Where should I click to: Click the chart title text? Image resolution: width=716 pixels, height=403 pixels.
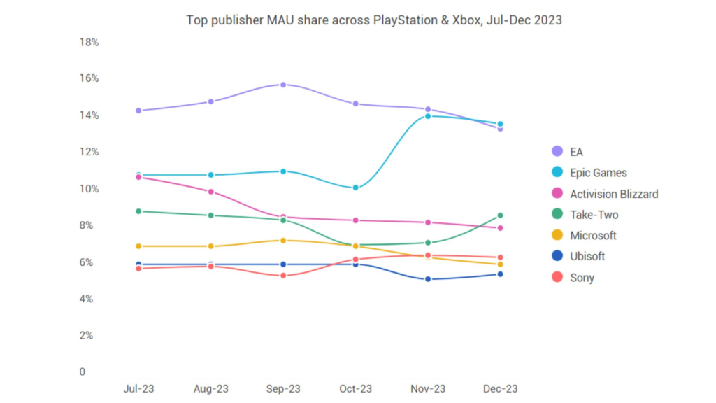373,20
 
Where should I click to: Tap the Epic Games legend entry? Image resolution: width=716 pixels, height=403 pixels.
599,173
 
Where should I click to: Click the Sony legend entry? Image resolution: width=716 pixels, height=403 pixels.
582,278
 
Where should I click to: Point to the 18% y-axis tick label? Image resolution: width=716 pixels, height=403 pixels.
89,43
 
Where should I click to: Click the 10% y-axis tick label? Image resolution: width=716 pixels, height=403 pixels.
89,189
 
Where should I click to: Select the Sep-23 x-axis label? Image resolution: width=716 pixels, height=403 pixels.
283,388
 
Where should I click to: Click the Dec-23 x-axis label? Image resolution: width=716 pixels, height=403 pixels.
500,388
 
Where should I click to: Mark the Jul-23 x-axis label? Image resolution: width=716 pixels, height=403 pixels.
138,388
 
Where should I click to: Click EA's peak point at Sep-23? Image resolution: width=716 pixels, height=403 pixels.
283,85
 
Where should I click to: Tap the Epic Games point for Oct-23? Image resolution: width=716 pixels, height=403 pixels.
356,188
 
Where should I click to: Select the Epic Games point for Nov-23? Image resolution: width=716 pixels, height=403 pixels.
428,116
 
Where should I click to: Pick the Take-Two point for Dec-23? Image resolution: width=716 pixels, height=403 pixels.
500,215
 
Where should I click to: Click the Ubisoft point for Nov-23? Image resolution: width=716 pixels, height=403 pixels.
428,279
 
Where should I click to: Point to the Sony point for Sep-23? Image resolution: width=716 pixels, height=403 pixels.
283,276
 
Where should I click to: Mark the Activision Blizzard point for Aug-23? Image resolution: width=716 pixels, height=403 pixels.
211,192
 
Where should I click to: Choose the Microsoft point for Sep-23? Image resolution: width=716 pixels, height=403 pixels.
283,241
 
